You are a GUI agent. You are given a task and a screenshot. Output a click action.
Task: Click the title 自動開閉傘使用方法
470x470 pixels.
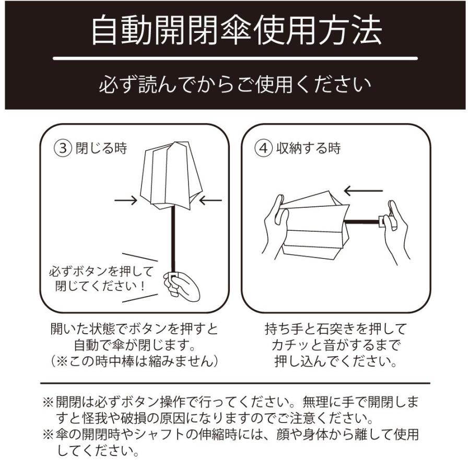(236, 31)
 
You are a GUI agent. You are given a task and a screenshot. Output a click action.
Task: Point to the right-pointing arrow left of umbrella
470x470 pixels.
(125, 199)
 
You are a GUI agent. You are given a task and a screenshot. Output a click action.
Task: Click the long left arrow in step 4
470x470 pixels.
(363, 191)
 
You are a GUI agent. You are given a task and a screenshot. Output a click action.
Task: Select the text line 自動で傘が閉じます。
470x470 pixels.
(134, 345)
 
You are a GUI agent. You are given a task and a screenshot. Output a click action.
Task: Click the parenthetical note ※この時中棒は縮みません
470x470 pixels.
(134, 361)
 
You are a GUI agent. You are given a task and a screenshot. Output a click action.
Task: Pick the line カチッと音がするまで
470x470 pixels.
(335, 345)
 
